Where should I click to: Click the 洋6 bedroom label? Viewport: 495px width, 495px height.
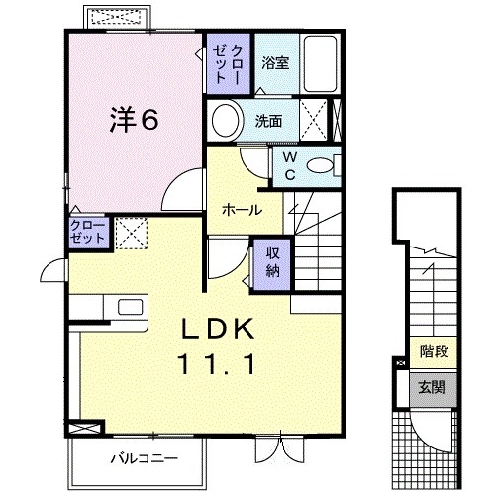point(133,120)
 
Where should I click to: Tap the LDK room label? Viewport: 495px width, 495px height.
point(219,329)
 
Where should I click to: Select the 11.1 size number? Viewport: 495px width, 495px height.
point(219,363)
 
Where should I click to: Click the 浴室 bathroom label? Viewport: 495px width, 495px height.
point(275,62)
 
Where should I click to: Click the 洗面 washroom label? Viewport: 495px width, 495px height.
point(269,122)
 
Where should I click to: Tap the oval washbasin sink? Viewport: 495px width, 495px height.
point(227,122)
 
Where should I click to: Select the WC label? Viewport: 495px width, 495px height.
point(289,164)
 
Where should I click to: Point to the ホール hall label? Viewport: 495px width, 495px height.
point(242,210)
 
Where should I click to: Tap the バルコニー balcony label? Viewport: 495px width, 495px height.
point(137,458)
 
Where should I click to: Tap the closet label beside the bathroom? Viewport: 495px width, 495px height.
point(229,59)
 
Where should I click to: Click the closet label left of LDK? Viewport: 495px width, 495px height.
point(87,234)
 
